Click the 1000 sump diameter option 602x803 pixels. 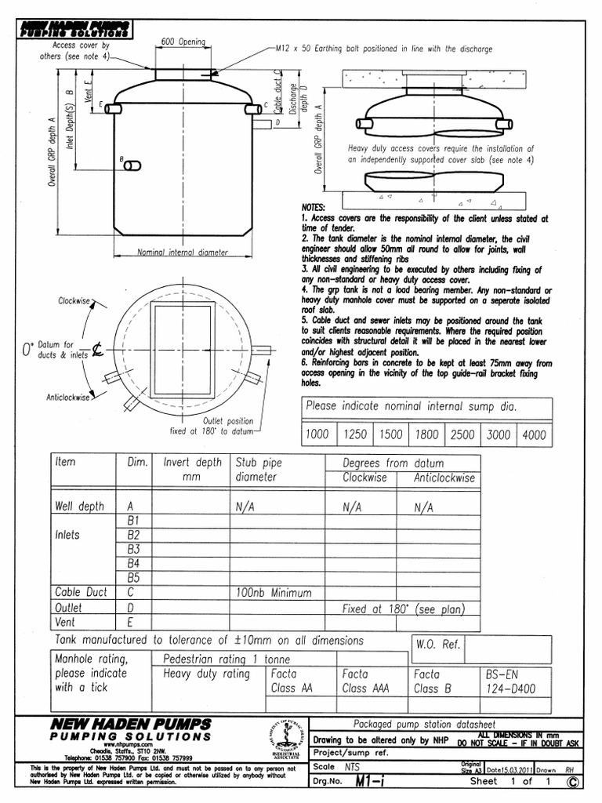(x=317, y=434)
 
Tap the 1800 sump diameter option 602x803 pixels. (x=426, y=434)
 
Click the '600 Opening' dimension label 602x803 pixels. (x=183, y=42)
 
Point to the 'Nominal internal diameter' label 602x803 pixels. (x=183, y=253)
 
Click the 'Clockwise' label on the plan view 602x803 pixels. (x=74, y=300)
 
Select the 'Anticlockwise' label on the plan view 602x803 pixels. (x=67, y=398)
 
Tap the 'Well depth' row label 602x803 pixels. (x=79, y=507)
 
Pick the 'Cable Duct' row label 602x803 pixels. (x=81, y=592)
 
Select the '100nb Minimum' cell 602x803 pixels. (x=270, y=593)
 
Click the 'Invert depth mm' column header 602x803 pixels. (x=192, y=469)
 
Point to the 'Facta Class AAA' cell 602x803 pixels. (x=364, y=681)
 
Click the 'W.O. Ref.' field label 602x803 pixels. (x=438, y=645)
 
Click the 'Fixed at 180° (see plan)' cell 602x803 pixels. (x=404, y=609)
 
